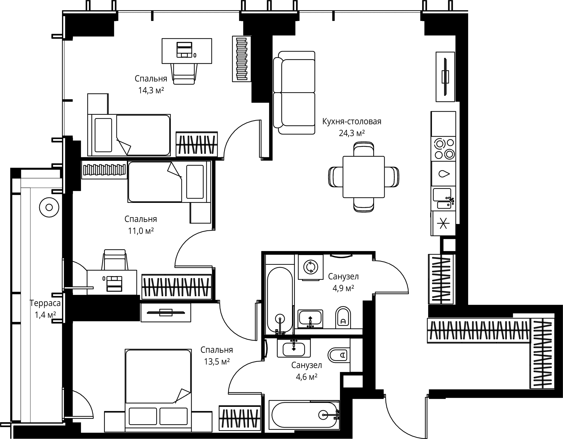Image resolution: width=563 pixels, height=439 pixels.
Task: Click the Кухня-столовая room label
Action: coord(352,122)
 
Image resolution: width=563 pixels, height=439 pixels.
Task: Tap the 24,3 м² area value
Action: coord(352,133)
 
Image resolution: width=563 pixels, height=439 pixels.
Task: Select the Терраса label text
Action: coord(45,303)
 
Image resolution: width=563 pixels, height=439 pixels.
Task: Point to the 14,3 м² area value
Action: coord(151,90)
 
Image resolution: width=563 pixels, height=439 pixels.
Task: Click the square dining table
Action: coord(364,177)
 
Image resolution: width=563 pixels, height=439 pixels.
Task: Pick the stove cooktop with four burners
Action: coord(443,149)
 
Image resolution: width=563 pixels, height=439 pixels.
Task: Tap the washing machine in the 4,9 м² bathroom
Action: coord(310,267)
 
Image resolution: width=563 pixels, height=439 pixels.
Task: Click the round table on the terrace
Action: coord(49,207)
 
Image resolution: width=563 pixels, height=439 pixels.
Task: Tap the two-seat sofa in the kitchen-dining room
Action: coord(294,92)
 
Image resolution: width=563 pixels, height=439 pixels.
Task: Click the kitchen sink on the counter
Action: coord(443,199)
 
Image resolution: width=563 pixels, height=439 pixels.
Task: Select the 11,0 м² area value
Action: coord(141,231)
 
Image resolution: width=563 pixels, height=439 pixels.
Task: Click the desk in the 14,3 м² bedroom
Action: coord(187,51)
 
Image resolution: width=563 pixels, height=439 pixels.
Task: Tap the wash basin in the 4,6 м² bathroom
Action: coord(294,348)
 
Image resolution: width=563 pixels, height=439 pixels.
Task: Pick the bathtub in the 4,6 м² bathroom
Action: coord(304,415)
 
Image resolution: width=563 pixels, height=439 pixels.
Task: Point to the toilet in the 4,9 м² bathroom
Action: coord(343,318)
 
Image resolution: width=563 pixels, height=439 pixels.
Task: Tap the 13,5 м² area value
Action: coord(217,362)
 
